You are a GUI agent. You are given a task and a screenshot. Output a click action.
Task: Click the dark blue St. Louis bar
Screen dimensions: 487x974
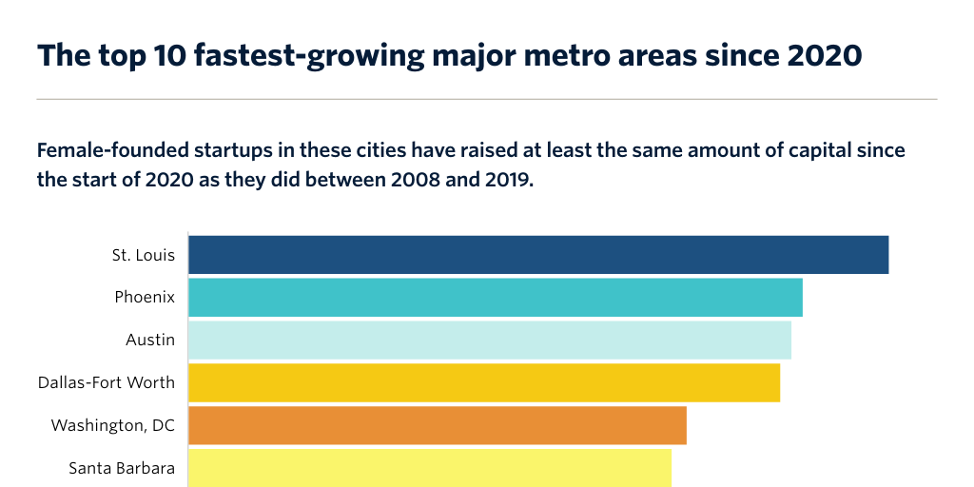tap(538, 255)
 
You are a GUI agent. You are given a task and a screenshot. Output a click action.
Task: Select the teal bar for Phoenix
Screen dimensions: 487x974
tap(496, 298)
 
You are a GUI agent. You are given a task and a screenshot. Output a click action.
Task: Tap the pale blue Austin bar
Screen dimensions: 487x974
tap(490, 340)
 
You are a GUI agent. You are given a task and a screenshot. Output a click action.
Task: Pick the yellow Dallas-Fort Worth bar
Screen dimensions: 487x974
tap(484, 382)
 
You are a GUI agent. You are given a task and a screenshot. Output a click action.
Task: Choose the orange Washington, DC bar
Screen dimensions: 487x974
tap(438, 425)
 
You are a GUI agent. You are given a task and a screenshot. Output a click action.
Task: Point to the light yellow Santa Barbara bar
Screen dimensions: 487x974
tap(430, 467)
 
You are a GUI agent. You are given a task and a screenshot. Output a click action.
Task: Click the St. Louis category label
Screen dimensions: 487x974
tap(143, 255)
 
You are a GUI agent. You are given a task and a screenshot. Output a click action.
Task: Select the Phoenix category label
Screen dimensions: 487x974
tap(145, 297)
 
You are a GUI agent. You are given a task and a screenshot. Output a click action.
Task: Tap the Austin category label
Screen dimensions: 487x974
tap(150, 340)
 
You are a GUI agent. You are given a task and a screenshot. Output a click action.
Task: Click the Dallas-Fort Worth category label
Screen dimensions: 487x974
tap(107, 382)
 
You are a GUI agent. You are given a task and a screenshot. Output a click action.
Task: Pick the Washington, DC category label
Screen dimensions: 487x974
tap(113, 425)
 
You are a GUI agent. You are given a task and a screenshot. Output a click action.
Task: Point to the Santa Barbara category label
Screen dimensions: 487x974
tap(122, 467)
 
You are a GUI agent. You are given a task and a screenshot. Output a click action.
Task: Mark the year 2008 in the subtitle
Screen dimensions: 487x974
tap(418, 180)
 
